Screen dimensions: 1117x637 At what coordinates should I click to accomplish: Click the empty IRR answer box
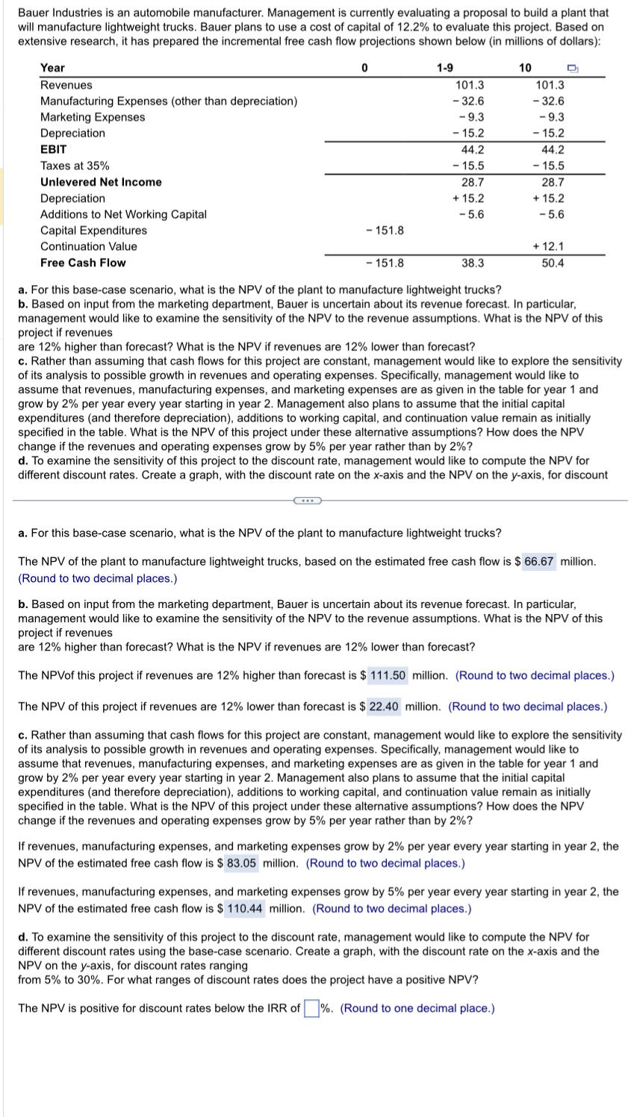(311, 1008)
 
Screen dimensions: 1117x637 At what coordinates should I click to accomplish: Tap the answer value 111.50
(388, 675)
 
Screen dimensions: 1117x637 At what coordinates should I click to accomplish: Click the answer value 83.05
(243, 863)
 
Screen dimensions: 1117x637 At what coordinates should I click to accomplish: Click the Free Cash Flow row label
(83, 263)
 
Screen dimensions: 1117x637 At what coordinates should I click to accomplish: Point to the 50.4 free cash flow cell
(553, 263)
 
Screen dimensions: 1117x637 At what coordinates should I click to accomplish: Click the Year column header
(52, 68)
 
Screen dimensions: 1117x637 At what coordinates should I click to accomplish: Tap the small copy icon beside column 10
(573, 69)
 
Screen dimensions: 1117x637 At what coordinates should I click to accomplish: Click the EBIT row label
(53, 149)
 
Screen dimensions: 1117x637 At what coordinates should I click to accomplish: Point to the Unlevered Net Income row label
(101, 182)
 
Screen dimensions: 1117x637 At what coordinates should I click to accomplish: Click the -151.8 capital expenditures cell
(385, 231)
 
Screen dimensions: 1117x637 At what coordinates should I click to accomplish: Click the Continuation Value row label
(88, 246)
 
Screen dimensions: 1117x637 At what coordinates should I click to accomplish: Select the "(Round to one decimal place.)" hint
(417, 1008)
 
